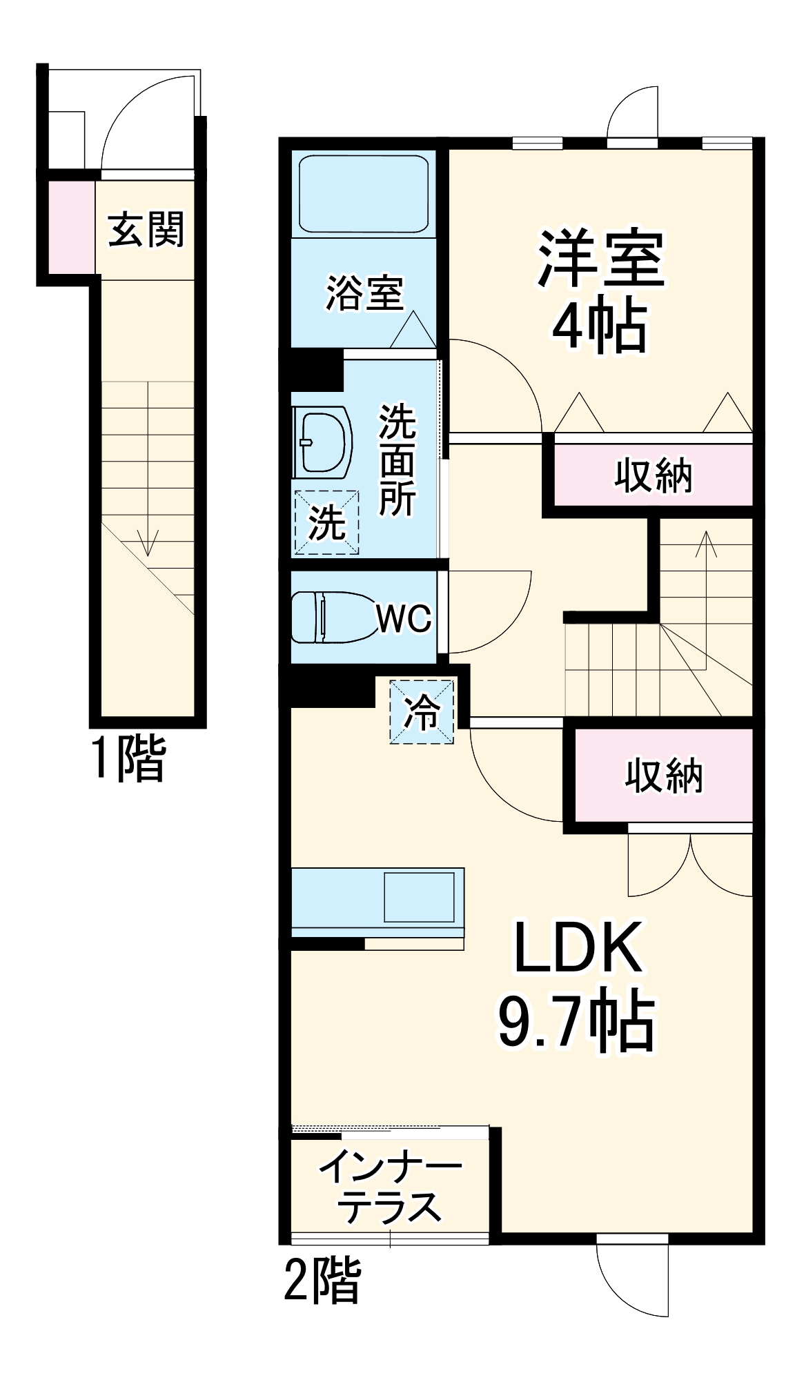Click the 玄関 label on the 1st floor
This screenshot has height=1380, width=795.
tap(146, 230)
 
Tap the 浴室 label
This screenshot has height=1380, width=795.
tap(364, 293)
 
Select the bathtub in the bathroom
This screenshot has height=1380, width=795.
tap(363, 194)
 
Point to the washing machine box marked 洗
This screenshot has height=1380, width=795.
tap(327, 522)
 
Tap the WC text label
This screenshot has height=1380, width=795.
tap(404, 619)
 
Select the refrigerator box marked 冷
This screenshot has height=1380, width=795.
tap(422, 713)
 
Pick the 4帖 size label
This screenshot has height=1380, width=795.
tap(600, 326)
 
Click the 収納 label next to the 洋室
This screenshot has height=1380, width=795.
tap(653, 475)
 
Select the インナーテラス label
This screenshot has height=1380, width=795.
tap(391, 1186)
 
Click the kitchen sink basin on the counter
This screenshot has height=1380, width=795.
tap(419, 896)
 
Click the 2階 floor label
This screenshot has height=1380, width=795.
tap(322, 1279)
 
